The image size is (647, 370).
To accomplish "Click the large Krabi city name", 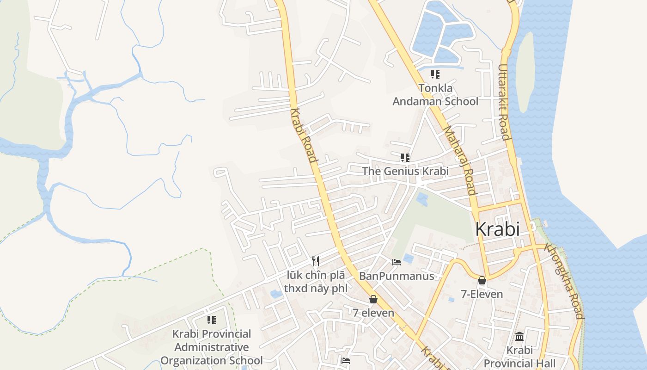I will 497,229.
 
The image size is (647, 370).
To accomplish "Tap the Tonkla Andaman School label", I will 435,95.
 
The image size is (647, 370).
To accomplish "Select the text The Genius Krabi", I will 405,171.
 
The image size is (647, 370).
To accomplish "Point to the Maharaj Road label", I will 459,160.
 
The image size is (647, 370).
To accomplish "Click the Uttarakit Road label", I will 504,102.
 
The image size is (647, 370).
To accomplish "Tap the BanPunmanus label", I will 397,276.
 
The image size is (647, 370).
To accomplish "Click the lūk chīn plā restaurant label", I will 315,282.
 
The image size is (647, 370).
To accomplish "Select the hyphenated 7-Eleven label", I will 482,294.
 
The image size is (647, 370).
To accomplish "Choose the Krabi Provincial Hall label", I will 519,357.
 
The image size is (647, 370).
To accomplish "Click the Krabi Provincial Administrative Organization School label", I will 212,347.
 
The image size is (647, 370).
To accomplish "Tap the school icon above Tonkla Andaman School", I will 435,74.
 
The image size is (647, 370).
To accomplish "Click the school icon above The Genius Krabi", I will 405,158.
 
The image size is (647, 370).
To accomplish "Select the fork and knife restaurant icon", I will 316,261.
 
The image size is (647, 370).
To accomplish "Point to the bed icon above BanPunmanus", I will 397,262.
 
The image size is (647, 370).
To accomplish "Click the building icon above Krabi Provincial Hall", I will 519,336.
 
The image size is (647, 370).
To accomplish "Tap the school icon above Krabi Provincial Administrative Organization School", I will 212,320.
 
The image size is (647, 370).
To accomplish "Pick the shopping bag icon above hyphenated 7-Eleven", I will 482,280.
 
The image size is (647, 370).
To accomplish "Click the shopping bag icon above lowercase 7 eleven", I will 373,299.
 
